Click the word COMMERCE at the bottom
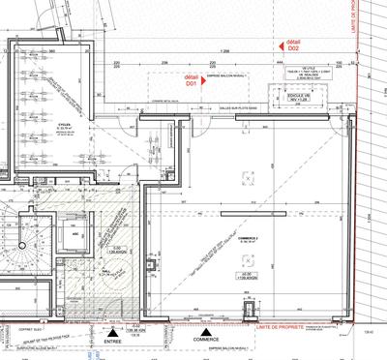coord(205,341)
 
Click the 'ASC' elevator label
coord(74,233)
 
